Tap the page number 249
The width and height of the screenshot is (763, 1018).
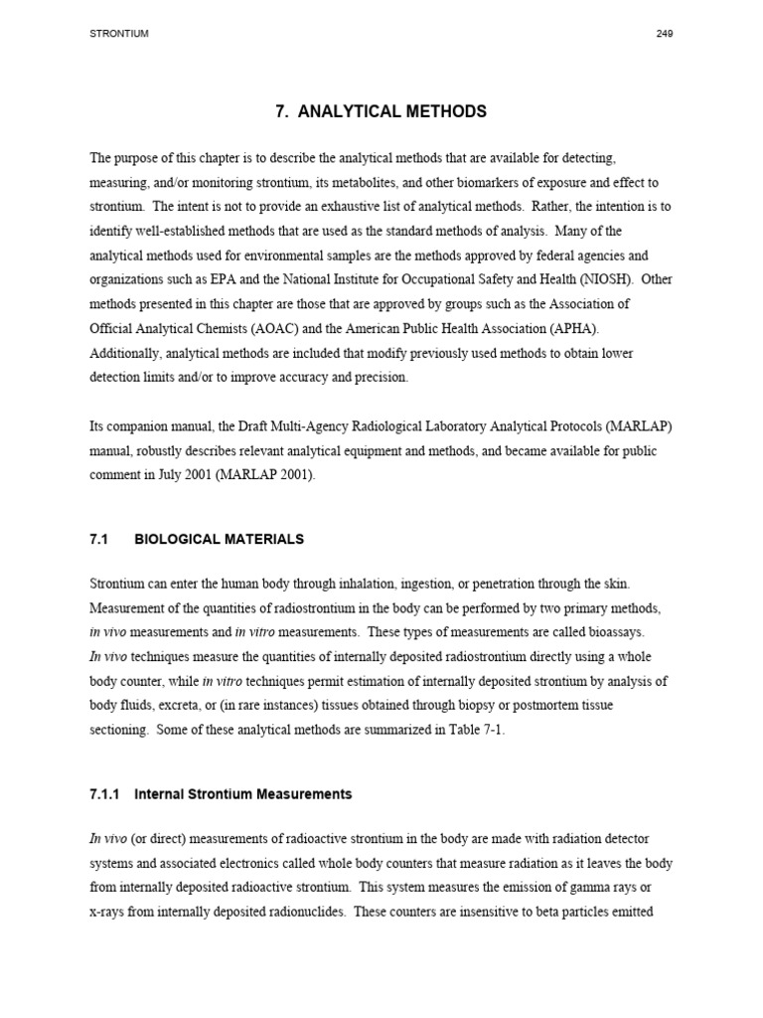pyautogui.click(x=665, y=34)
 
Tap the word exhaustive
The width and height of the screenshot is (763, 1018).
pyautogui.click(x=376, y=208)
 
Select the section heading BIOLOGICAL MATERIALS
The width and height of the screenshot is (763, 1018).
pyautogui.click(x=219, y=539)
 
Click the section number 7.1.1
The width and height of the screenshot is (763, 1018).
pyautogui.click(x=104, y=794)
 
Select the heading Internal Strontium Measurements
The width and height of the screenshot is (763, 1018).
pyautogui.click(x=243, y=794)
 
